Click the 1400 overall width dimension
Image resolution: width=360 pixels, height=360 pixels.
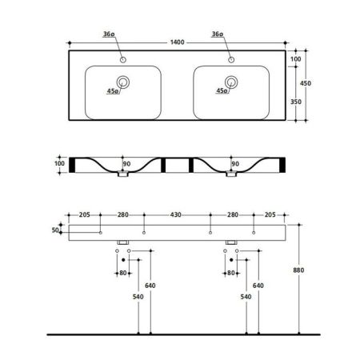[x=178, y=42]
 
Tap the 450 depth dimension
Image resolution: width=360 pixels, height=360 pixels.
[x=306, y=83]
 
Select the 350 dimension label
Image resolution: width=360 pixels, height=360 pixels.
[x=296, y=102]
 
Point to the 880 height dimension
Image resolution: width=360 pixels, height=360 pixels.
[x=298, y=270]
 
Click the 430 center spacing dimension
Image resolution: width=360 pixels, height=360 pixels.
[x=176, y=214]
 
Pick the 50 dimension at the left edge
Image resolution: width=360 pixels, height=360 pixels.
[x=55, y=230]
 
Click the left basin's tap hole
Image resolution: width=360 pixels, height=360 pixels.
[x=123, y=60]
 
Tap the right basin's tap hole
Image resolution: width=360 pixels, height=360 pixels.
[x=231, y=60]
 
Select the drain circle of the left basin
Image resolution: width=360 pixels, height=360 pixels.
[x=123, y=82]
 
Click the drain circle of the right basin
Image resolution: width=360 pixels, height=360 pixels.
[x=231, y=82]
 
